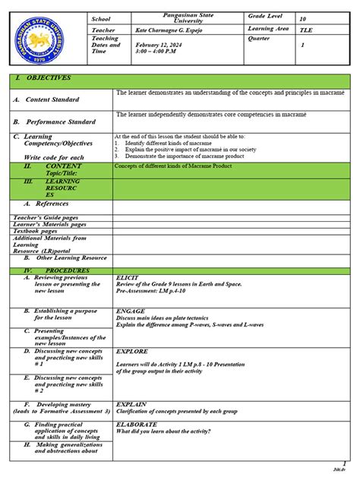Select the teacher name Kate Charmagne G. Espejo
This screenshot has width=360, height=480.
click(173, 30)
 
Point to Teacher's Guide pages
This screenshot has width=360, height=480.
click(46, 218)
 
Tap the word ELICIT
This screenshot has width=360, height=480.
click(126, 279)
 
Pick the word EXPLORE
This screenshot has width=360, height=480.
click(131, 352)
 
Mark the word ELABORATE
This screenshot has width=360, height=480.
click(137, 424)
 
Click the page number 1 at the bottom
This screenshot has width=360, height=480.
click(344, 464)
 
